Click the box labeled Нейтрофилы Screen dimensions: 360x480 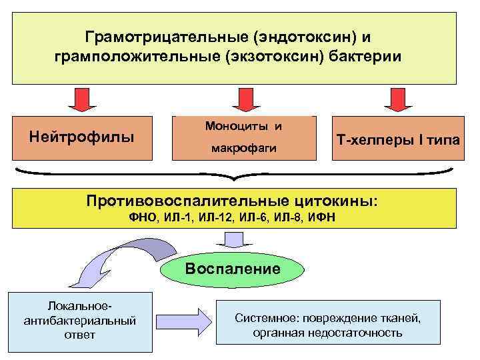(82, 138)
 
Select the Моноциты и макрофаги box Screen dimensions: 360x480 (243, 139)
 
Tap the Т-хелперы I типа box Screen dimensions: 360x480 (399, 139)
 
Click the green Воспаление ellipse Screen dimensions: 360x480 (233, 269)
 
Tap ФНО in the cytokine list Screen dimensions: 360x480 (145, 217)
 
